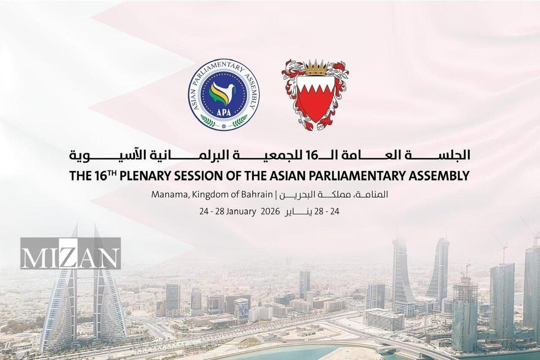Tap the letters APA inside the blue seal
pos(224,112)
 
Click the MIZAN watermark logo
pos(70,253)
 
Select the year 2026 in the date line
pos(270,211)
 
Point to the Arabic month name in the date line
pos(297,212)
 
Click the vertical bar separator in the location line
pos(276,194)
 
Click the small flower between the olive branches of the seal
pos(224,126)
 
